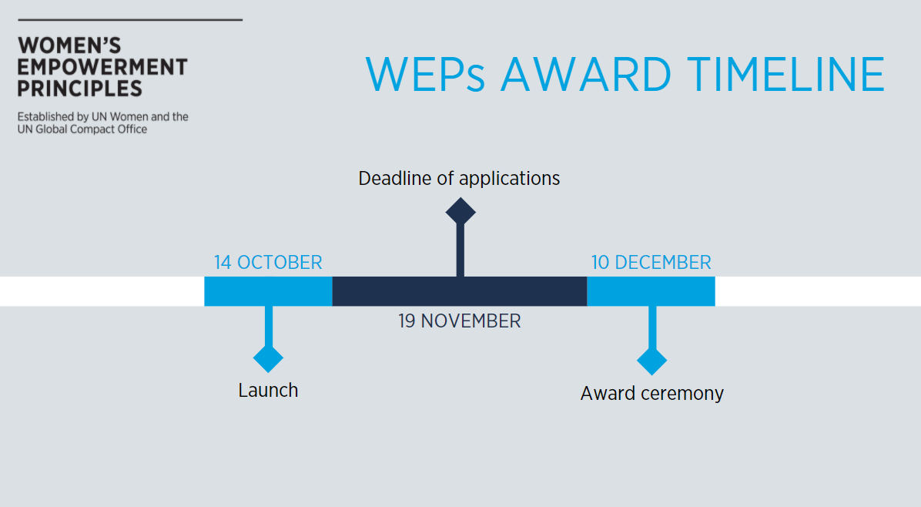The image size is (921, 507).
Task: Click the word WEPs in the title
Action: (425, 75)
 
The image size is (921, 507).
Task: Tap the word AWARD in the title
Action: (585, 75)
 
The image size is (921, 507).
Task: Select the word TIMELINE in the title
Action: (785, 75)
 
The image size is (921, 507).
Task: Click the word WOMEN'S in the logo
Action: (69, 45)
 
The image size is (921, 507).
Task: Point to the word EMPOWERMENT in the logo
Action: (102, 67)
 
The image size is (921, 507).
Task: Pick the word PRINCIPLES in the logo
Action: (80, 88)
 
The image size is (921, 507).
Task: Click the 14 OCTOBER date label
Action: (268, 262)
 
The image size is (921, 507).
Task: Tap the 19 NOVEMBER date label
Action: (459, 321)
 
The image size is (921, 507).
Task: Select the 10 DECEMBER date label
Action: (651, 262)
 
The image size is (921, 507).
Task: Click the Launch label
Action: (268, 390)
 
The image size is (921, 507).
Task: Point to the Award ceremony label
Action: (652, 393)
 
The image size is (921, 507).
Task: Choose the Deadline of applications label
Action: (459, 178)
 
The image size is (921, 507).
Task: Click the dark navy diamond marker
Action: (460, 211)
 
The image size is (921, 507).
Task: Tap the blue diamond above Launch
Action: (269, 358)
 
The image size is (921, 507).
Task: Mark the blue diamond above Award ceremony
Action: (652, 361)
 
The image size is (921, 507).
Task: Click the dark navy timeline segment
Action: (459, 291)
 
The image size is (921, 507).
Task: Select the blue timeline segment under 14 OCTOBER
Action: (269, 291)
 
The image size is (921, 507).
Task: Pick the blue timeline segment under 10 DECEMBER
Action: (651, 291)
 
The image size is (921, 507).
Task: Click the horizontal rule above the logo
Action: (130, 20)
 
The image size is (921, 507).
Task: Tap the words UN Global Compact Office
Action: (82, 129)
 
